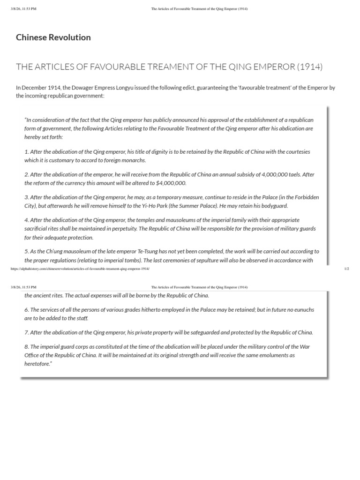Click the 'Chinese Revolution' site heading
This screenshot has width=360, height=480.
coord(53,37)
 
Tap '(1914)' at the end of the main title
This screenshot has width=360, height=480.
coord(309,67)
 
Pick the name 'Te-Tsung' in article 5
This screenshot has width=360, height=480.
coord(159,251)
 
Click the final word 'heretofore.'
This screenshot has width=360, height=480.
coord(38,363)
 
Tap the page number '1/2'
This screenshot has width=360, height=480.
coord(346,269)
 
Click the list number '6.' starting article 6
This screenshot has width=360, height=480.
coord(27,310)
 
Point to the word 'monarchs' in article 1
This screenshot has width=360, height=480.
coord(134,160)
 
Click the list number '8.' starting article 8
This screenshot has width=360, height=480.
coord(27,346)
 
